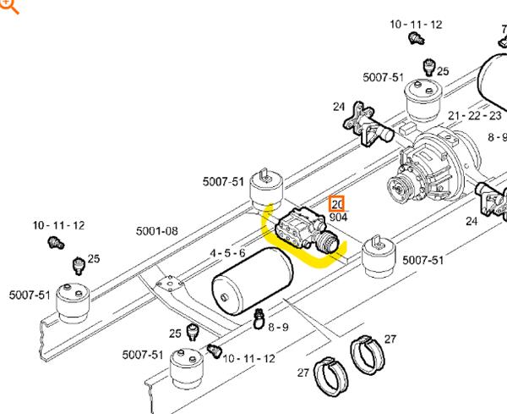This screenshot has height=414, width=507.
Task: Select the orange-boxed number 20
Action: pyautogui.click(x=337, y=204)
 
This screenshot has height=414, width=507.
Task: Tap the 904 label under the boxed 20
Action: pyautogui.click(x=338, y=218)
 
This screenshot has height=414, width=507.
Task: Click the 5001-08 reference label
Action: pyautogui.click(x=157, y=231)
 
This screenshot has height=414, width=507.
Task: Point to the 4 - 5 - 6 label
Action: pyautogui.click(x=227, y=253)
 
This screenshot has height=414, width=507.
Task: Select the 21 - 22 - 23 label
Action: pyautogui.click(x=475, y=116)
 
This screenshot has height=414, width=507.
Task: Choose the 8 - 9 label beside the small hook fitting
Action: pyautogui.click(x=278, y=327)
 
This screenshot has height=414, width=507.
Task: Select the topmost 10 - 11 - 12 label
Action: pyautogui.click(x=416, y=25)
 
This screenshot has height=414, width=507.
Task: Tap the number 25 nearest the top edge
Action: pyautogui.click(x=443, y=72)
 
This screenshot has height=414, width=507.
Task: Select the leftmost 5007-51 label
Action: pyautogui.click(x=29, y=295)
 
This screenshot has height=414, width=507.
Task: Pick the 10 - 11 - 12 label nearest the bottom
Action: pyautogui.click(x=249, y=359)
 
